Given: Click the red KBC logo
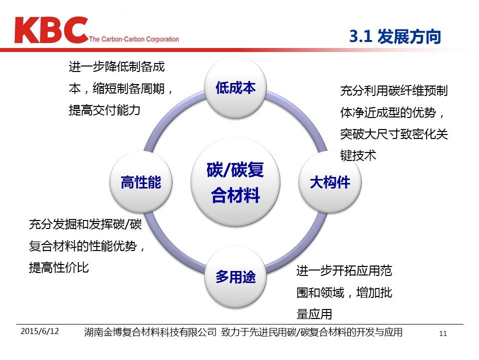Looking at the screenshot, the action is pos(51,30).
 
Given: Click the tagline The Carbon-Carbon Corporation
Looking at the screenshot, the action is pos(134,39).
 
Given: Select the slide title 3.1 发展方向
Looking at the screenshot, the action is pos(395,36).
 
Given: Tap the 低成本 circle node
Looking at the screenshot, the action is pos(236,88).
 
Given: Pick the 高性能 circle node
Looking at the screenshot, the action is pos(141,182).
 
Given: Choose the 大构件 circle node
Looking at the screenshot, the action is pos(330,182).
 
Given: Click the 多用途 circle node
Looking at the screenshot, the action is pos(236,276).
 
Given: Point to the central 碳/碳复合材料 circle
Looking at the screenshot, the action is pos(236,182).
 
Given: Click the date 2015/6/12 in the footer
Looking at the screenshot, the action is pos(40,331).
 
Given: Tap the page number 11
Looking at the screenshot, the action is pos(443,333).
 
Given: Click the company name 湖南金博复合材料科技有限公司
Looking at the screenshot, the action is pos(150,332).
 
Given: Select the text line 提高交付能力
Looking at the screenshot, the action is pos(104,110).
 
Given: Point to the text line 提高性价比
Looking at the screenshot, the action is pos(59,267).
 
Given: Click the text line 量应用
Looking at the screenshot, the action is pos(314,314).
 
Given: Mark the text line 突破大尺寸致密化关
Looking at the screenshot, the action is pos(394,134).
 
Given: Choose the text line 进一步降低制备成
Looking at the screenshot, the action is pos(117,66).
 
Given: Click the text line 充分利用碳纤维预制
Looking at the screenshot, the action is pos(394,90).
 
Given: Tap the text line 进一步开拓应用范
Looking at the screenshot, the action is pos(344,270).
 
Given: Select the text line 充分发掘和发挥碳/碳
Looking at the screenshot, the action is pos(85,224).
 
